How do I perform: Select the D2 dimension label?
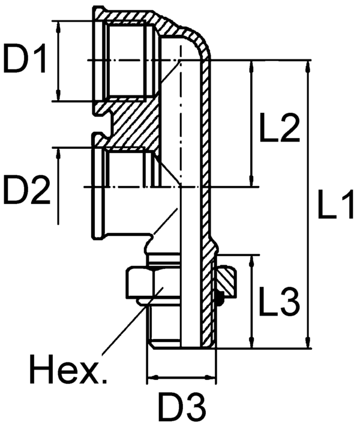pos(25,191)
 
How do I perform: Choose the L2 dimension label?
pos(280,128)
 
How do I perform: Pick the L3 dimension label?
pos(279,302)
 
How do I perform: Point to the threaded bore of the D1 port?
pos(126,60)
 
